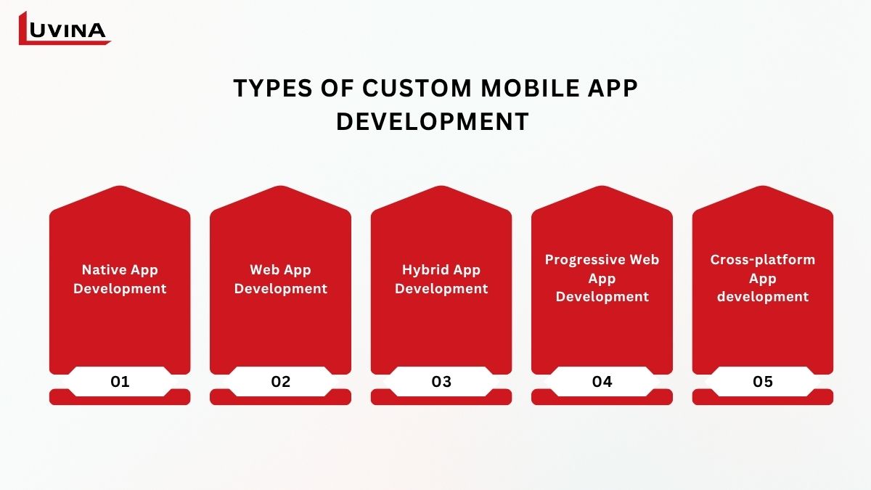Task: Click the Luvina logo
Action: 65,28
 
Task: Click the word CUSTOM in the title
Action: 417,88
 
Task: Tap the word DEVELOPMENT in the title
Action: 433,121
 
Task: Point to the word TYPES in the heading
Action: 273,88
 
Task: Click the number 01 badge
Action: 120,382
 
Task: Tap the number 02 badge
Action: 280,382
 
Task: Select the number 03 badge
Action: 441,382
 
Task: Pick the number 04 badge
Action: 602,382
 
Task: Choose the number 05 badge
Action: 763,382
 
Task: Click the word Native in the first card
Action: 104,269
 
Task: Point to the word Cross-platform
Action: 763,260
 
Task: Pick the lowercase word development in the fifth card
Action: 763,297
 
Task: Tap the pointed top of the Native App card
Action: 120,187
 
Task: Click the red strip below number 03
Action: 441,401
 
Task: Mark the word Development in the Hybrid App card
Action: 441,289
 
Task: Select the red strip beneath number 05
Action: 763,401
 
